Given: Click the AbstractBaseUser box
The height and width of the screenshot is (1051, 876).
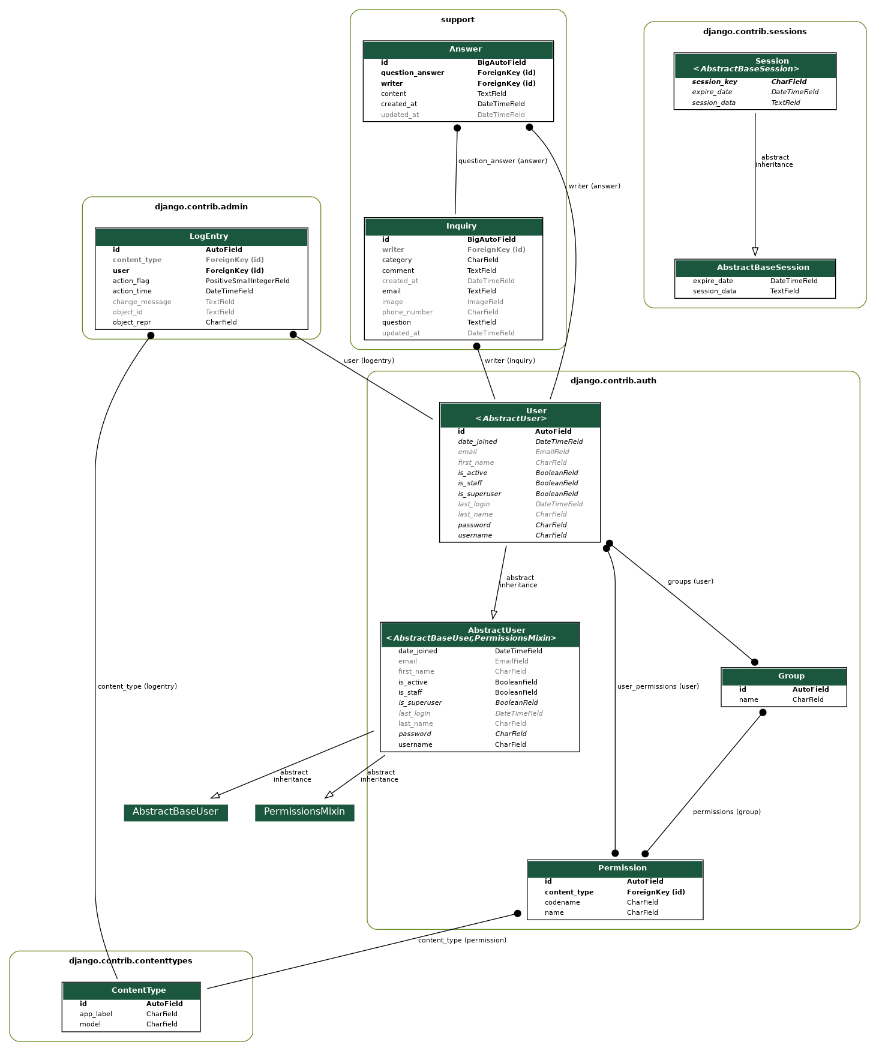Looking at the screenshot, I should tap(175, 812).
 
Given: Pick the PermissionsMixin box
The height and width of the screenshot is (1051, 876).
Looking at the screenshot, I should tap(304, 812).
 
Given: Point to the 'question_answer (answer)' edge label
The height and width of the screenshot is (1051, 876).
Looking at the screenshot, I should tap(502, 161).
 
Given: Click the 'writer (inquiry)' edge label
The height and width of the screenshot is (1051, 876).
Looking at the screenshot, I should tap(509, 361).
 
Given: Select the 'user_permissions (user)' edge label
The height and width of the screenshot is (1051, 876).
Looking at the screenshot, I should tap(658, 686).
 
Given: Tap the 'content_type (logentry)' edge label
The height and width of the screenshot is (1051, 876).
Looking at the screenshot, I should tap(137, 686).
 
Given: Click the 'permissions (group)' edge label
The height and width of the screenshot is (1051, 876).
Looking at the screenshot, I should tap(726, 812).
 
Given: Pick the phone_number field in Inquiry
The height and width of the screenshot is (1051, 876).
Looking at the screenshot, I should tap(407, 312).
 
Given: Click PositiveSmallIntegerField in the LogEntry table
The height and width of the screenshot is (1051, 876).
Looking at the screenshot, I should tap(247, 281).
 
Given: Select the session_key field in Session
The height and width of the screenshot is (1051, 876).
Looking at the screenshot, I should tap(714, 82).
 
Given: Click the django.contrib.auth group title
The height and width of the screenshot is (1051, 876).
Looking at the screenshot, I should tap(613, 380).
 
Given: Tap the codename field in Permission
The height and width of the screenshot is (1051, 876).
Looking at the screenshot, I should tap(562, 902).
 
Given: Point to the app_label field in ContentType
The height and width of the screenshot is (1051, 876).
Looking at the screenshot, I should tap(96, 1014).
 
